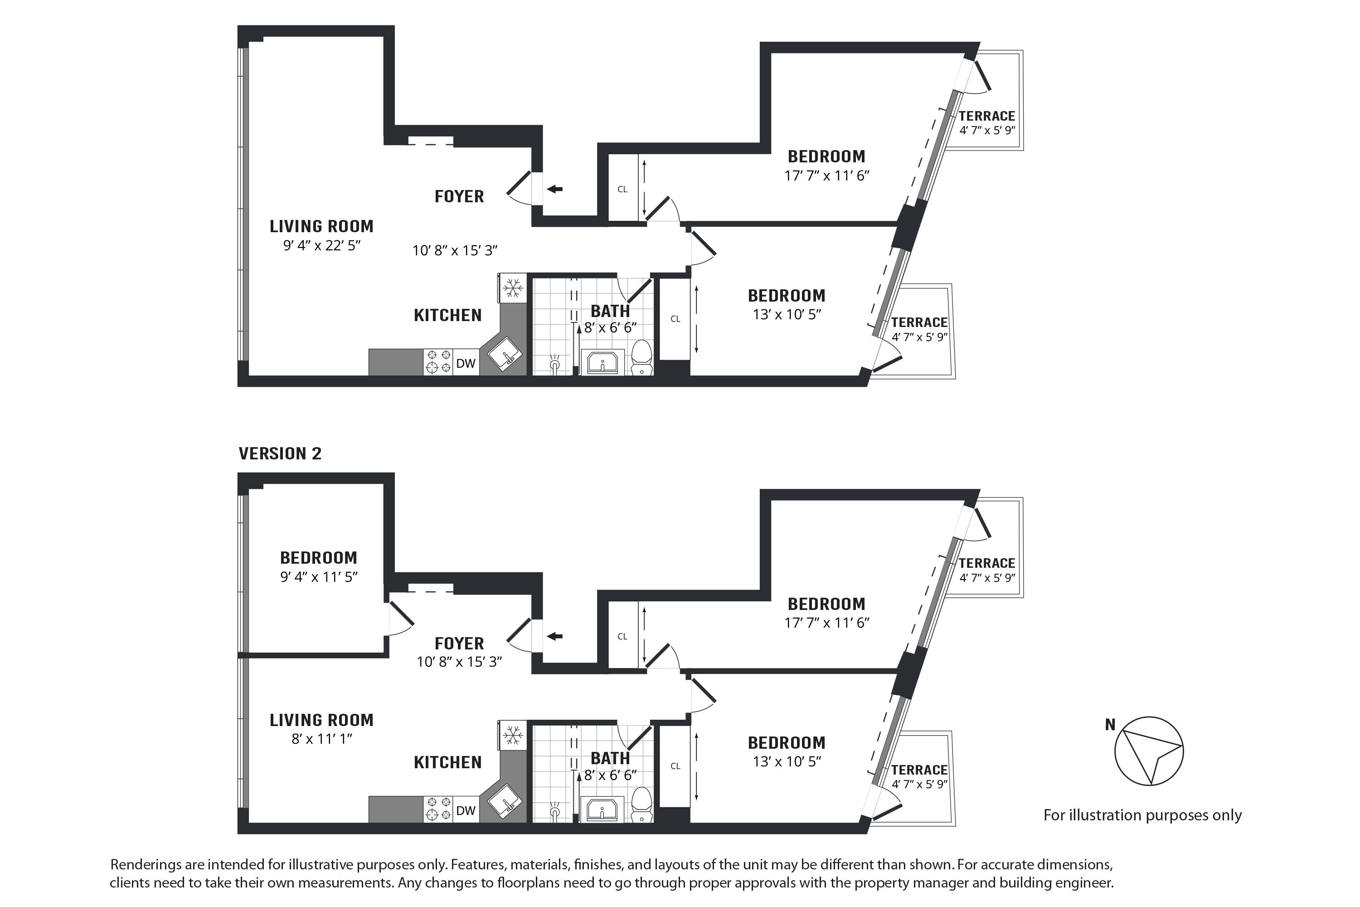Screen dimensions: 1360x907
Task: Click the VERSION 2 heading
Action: [280, 453]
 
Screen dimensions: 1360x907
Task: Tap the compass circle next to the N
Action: [1149, 751]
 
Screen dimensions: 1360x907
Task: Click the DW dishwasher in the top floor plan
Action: [466, 363]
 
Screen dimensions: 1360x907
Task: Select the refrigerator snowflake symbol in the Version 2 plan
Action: [512, 735]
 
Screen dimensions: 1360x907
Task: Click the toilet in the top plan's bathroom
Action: [641, 357]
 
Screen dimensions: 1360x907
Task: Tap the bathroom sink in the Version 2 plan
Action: [602, 809]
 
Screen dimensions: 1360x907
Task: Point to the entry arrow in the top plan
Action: [554, 189]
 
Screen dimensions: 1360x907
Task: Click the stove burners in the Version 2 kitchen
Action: [438, 809]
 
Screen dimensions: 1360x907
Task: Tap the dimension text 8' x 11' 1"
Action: [322, 739]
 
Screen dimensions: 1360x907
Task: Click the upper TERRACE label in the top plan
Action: [986, 116]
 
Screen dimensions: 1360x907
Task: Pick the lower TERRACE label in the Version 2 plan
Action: [919, 770]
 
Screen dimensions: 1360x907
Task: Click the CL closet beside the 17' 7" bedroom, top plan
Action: [622, 189]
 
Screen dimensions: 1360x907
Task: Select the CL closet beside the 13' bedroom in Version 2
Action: [675, 766]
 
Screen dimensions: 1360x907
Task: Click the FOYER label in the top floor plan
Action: [459, 197]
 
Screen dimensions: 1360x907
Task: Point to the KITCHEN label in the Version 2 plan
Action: [447, 762]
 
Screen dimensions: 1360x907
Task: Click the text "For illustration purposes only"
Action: [1142, 815]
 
